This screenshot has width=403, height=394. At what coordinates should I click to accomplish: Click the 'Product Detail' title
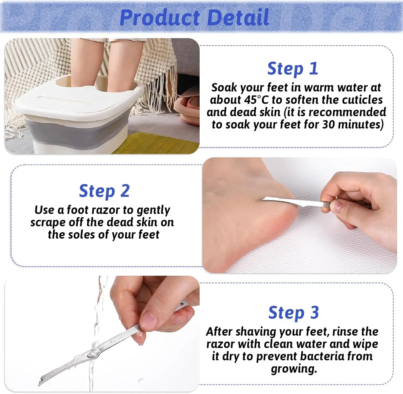click(194, 17)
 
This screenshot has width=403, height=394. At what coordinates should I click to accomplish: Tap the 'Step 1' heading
click(293, 69)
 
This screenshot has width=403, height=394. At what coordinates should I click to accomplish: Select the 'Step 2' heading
click(104, 191)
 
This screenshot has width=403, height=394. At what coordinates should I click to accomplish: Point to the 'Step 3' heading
click(294, 313)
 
